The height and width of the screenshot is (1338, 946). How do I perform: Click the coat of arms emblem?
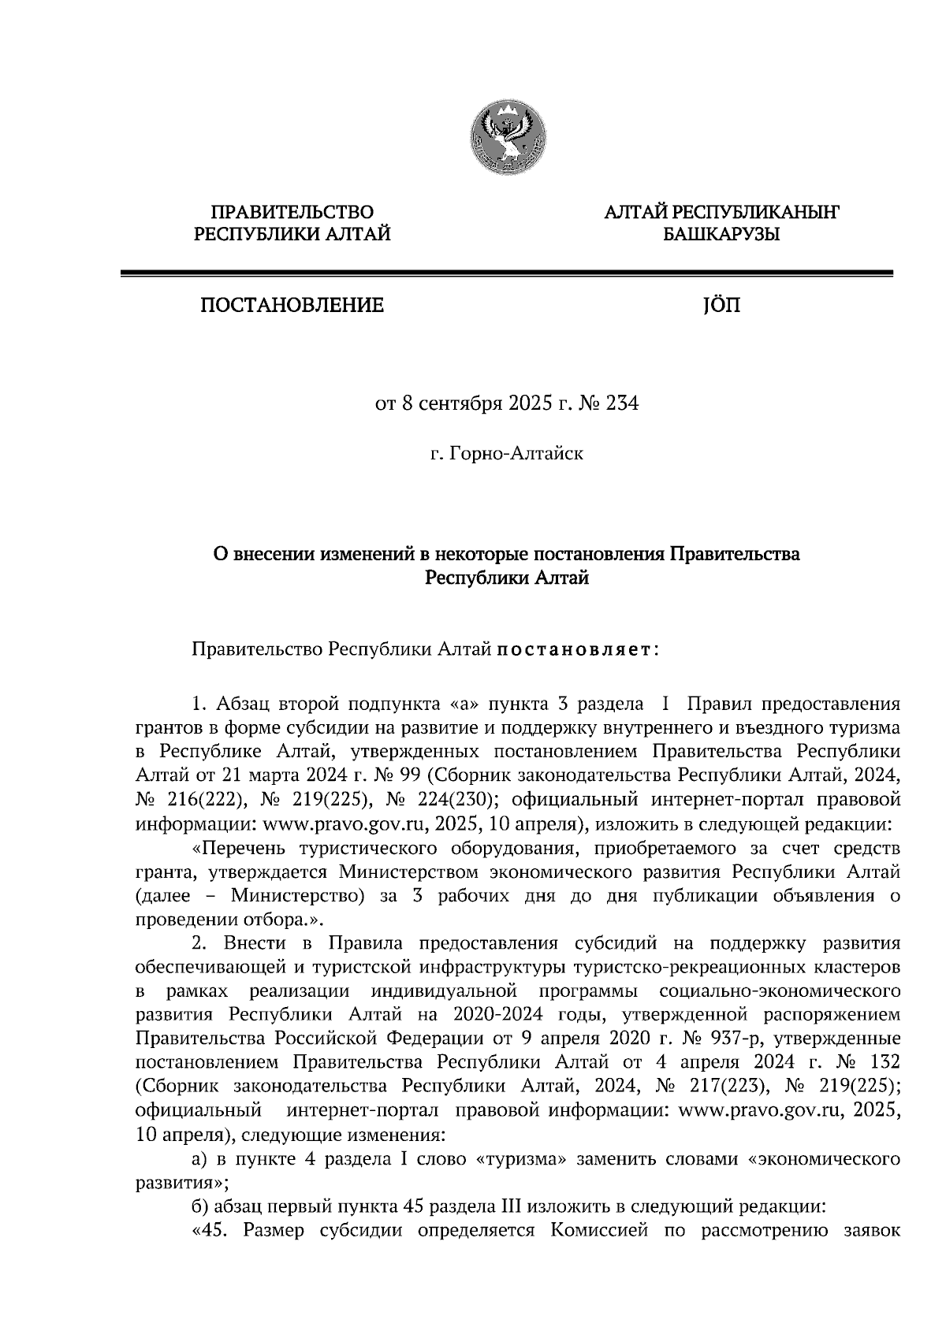click(505, 139)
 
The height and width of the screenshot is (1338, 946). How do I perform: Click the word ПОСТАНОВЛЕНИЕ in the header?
click(292, 305)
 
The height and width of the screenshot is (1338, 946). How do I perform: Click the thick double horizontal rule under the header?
click(505, 273)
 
